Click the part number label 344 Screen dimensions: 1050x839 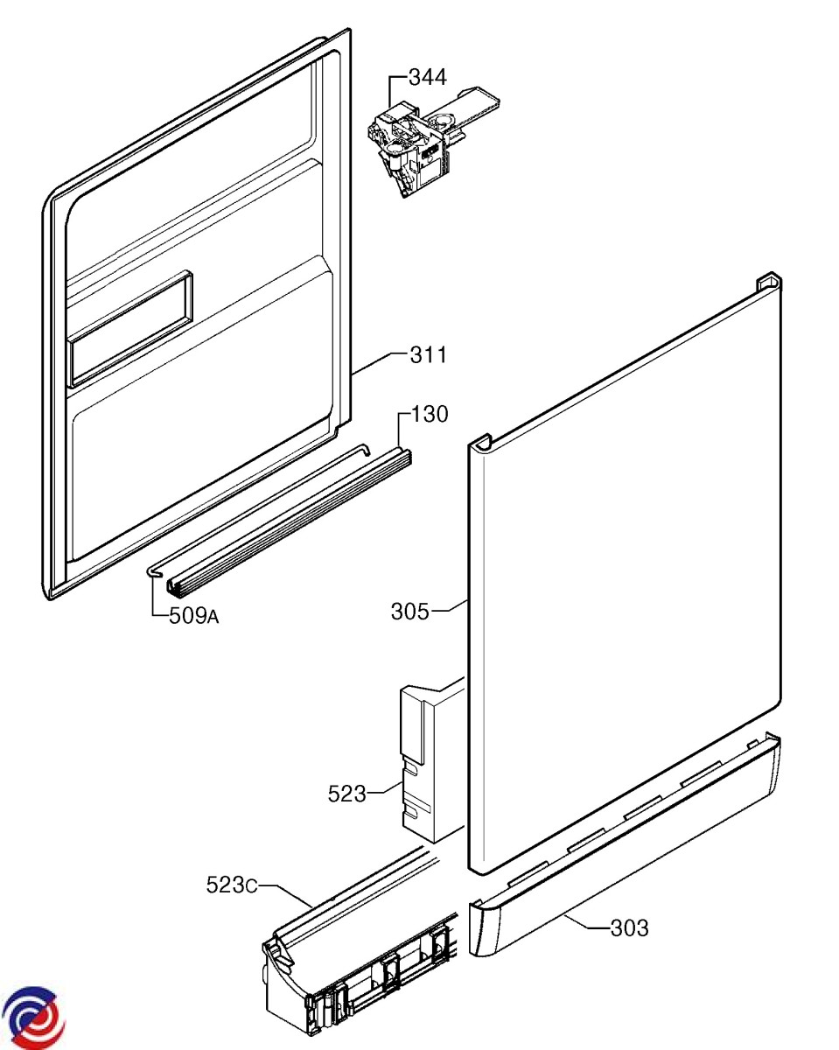tap(428, 78)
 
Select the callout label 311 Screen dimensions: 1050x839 tap(429, 355)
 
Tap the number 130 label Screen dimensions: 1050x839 tap(430, 414)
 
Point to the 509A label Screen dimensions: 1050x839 tap(193, 616)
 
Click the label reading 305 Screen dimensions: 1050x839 tap(409, 612)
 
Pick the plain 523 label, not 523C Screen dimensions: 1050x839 tap(347, 794)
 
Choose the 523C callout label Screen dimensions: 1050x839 tap(231, 885)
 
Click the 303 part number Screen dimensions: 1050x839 tap(630, 928)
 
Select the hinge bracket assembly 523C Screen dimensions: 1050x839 tap(359, 954)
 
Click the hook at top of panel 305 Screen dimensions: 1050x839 tap(768, 281)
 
